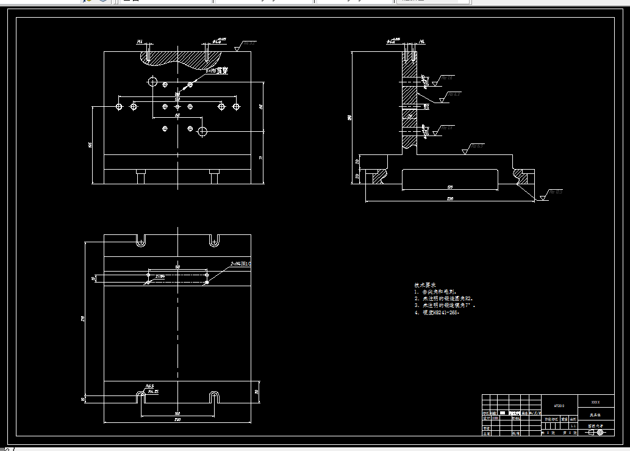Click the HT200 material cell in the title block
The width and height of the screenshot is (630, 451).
coord(559,405)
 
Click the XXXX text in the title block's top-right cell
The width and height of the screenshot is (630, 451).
coord(595,402)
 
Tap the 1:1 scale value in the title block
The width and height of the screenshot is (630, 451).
coord(573,426)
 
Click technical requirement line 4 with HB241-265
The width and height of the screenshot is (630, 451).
coord(436,312)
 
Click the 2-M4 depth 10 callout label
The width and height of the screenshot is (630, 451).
coord(240,264)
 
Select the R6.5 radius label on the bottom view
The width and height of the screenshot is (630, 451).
coord(149,386)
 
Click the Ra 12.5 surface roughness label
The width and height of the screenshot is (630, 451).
coord(556,192)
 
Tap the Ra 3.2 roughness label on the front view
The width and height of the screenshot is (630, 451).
coord(249,44)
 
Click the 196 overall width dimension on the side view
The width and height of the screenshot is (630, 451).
coord(450,199)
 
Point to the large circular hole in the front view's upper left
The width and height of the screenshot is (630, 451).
coord(152,81)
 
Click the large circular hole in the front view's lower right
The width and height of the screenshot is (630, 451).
coord(202,131)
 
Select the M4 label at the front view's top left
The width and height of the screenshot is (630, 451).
coord(140,41)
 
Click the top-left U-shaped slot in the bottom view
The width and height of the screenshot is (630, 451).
coord(141,240)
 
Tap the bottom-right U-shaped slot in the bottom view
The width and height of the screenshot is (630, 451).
coord(214,397)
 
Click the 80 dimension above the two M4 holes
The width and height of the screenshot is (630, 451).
coord(177,267)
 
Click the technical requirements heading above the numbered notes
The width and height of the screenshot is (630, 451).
coord(425,285)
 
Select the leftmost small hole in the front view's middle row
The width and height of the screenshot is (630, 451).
coord(120,107)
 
